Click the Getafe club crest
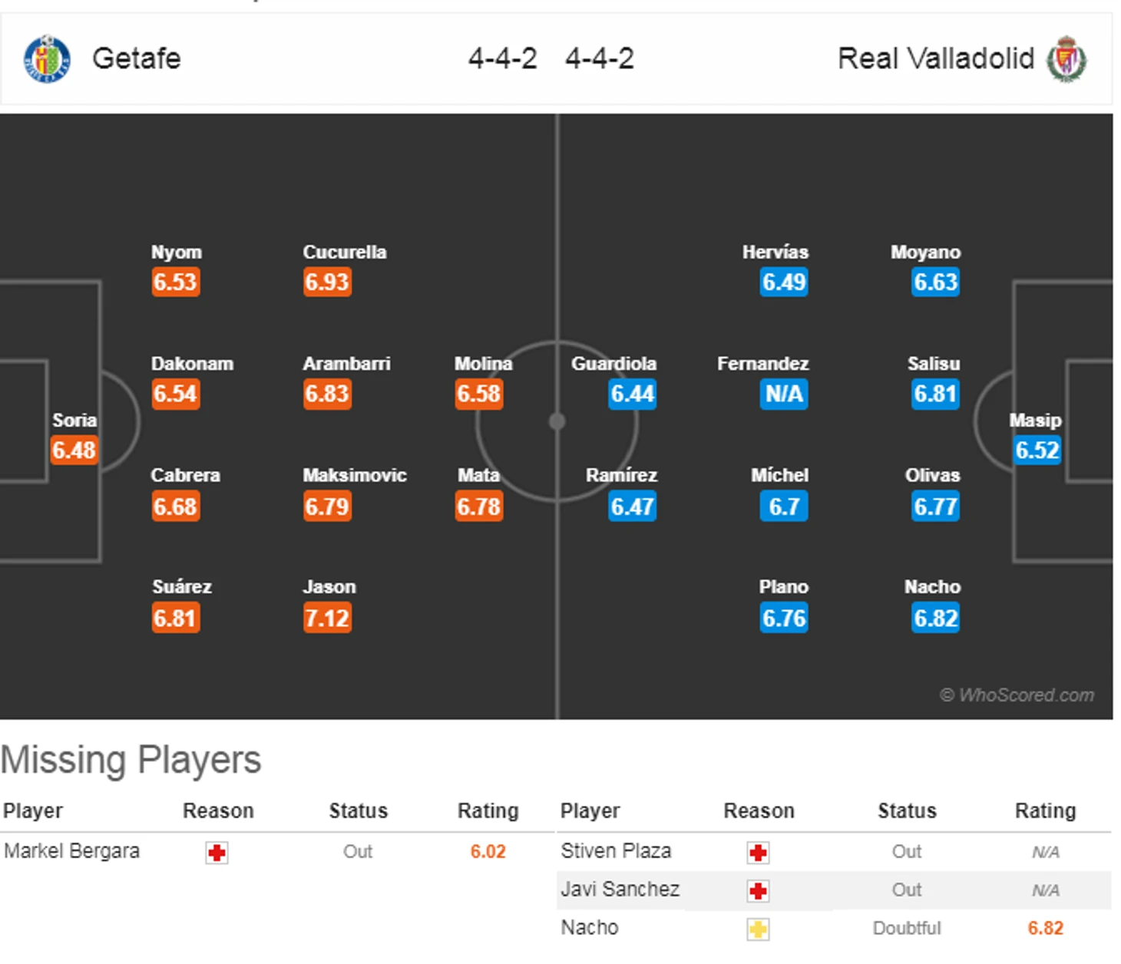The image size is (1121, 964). tap(47, 59)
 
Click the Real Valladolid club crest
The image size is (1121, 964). tap(1066, 59)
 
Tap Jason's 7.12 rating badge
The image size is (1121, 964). tap(327, 618)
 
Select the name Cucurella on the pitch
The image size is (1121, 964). tap(345, 253)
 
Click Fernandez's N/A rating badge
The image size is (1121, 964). tap(784, 395)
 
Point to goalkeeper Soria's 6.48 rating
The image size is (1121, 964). tap(74, 450)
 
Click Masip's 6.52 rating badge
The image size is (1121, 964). tap(1037, 450)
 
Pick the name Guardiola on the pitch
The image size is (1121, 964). tap(613, 364)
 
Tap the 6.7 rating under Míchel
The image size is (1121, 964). tap(784, 507)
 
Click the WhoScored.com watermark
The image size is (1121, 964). tap(1017, 695)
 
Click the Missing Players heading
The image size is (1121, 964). tap(131, 760)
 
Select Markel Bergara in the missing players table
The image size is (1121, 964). tap(72, 851)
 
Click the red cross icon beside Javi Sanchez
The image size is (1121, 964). tap(758, 891)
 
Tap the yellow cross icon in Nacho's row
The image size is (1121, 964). tap(758, 929)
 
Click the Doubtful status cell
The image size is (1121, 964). tap(906, 929)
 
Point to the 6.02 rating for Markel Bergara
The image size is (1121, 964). tap(488, 852)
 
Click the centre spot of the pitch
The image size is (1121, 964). tap(557, 421)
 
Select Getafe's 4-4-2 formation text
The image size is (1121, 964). tap(503, 59)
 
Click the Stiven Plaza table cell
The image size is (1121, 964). tap(616, 851)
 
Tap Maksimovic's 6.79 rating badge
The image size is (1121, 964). tap(327, 507)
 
